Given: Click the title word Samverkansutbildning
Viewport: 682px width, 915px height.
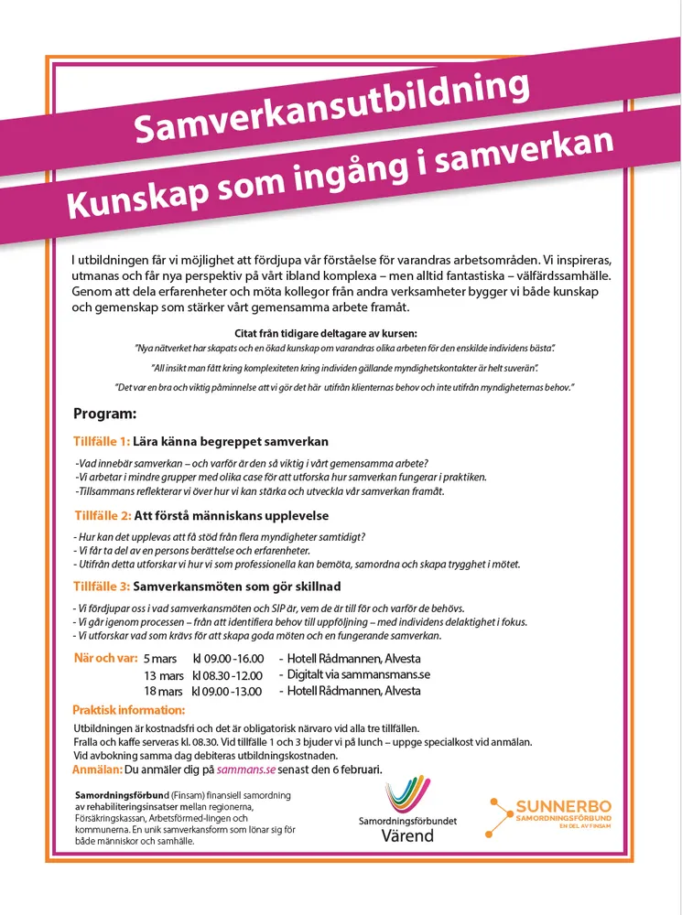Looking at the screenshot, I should point(331,108).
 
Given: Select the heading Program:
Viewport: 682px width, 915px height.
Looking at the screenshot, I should point(105,414).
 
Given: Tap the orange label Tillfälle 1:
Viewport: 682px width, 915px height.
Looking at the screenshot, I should point(102,441).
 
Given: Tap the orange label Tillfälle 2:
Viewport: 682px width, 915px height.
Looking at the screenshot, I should point(103,514).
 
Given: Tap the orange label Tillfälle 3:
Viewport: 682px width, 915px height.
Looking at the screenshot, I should point(103,586).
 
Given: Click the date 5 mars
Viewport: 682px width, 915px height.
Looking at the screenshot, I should point(160,659).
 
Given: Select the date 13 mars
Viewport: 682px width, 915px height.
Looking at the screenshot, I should point(164,675).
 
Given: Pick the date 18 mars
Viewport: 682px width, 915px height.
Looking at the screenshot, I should point(164,692).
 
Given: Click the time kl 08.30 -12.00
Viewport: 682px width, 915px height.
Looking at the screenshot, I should point(228,675).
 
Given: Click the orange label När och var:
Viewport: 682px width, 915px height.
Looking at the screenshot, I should point(104,659).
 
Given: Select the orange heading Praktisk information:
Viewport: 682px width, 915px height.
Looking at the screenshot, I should point(128,710).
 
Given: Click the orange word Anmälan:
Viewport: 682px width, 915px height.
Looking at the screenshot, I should point(96,770).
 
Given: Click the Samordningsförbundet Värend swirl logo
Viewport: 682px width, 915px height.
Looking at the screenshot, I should point(407,795).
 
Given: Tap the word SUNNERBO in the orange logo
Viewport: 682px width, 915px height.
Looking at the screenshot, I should point(563,807).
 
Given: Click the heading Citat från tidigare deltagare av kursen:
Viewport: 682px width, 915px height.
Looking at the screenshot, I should point(339,333).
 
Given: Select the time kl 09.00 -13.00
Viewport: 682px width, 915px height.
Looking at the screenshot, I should point(227,692).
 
